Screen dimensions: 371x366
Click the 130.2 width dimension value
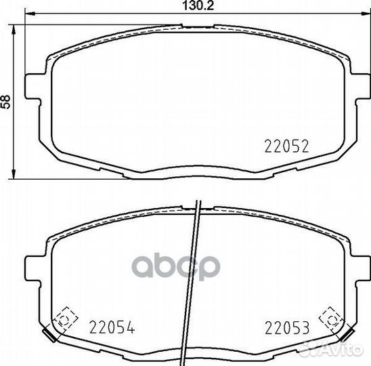pyautogui.click(x=198, y=5)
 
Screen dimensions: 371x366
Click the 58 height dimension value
pyautogui.click(x=5, y=102)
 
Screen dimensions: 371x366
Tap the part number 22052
pyautogui.click(x=287, y=146)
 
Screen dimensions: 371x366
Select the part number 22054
pyautogui.click(x=112, y=327)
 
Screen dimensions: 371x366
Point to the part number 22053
pyautogui.click(x=287, y=327)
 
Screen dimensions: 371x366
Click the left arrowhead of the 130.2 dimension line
pyautogui.click(x=30, y=14)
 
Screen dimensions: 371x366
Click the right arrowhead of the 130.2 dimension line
pyautogui.click(x=366, y=14)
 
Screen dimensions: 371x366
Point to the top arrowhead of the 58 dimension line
pyautogui.click(x=14, y=30)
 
